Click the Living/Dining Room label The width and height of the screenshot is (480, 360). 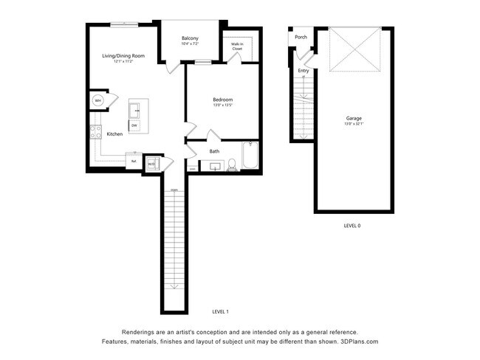(123, 55)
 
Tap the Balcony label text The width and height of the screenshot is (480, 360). (190, 38)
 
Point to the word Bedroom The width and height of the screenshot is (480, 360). (222, 100)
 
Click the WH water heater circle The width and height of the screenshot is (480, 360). (98, 100)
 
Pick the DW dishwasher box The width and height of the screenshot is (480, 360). (134, 126)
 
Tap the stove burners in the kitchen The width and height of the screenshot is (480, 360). (95, 133)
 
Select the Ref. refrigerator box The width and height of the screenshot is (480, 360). (134, 160)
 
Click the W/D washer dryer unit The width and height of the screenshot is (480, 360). (151, 164)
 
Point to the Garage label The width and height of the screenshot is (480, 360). (354, 118)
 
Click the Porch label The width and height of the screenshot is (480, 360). (301, 37)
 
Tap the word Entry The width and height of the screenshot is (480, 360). (304, 71)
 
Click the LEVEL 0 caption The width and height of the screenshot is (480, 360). (352, 226)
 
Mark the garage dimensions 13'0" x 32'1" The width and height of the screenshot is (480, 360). (354, 124)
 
